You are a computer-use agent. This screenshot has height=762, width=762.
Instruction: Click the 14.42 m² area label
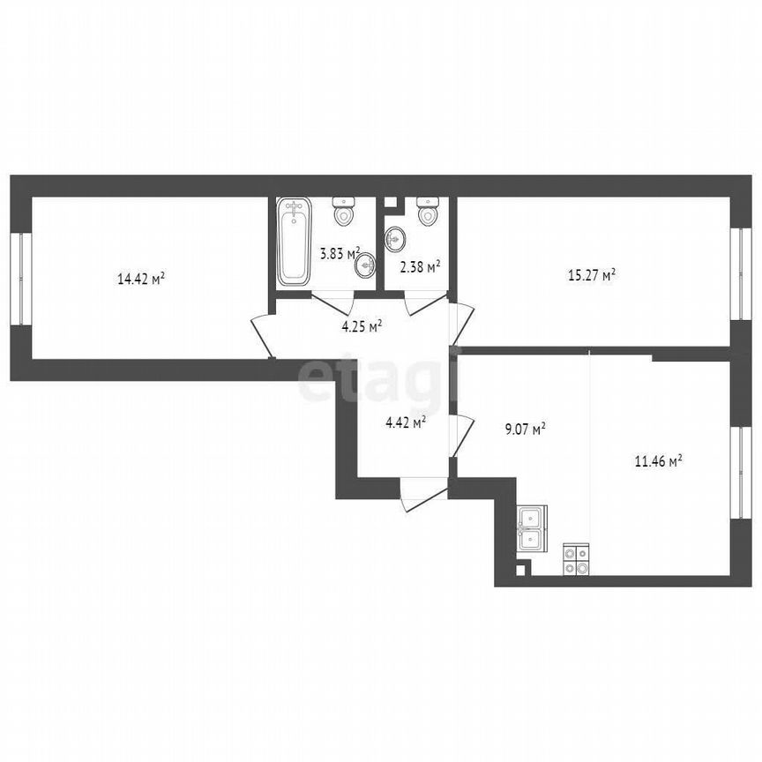pos(142,280)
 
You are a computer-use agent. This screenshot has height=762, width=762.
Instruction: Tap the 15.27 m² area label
pos(591,274)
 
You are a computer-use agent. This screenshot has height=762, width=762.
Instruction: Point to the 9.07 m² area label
pos(523,430)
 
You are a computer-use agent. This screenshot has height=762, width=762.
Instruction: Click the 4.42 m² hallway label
pos(407,422)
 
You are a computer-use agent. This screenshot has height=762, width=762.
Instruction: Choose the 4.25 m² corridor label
pos(362,326)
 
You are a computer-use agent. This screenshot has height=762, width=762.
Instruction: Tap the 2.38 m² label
pos(420,266)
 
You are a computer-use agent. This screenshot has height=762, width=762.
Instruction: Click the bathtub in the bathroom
pos(294,242)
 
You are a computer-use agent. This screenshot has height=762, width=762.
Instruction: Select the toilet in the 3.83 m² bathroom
pos(343,212)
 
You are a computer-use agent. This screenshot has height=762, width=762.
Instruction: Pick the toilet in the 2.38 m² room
pos(429,211)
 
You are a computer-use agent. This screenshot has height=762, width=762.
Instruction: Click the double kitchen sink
pos(533,527)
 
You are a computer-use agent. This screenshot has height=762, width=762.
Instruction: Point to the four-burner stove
pos(577,560)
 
